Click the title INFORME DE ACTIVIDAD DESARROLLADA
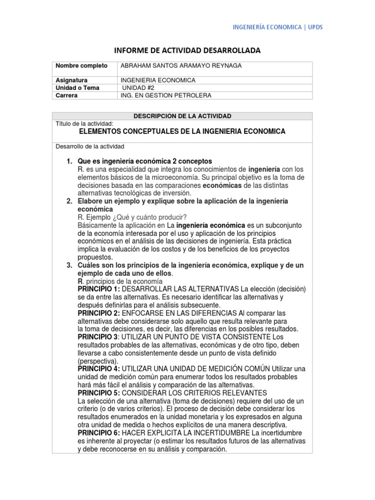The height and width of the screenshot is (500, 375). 187,51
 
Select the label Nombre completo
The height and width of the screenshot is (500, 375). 78,65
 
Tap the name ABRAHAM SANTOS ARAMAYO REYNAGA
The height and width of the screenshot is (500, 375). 173,65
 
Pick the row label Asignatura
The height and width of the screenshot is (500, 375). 71,80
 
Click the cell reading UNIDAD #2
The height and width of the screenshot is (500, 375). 138,88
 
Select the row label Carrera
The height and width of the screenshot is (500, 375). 67,96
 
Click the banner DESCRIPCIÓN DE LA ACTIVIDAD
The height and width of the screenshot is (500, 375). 182,116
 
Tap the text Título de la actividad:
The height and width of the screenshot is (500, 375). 85,124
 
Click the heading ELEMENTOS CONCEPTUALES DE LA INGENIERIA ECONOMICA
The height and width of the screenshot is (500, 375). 182,132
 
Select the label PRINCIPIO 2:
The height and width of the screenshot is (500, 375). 99,312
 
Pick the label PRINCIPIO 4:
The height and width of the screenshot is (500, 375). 99,369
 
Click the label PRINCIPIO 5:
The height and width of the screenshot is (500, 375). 99,393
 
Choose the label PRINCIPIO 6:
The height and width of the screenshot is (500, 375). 99,433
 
